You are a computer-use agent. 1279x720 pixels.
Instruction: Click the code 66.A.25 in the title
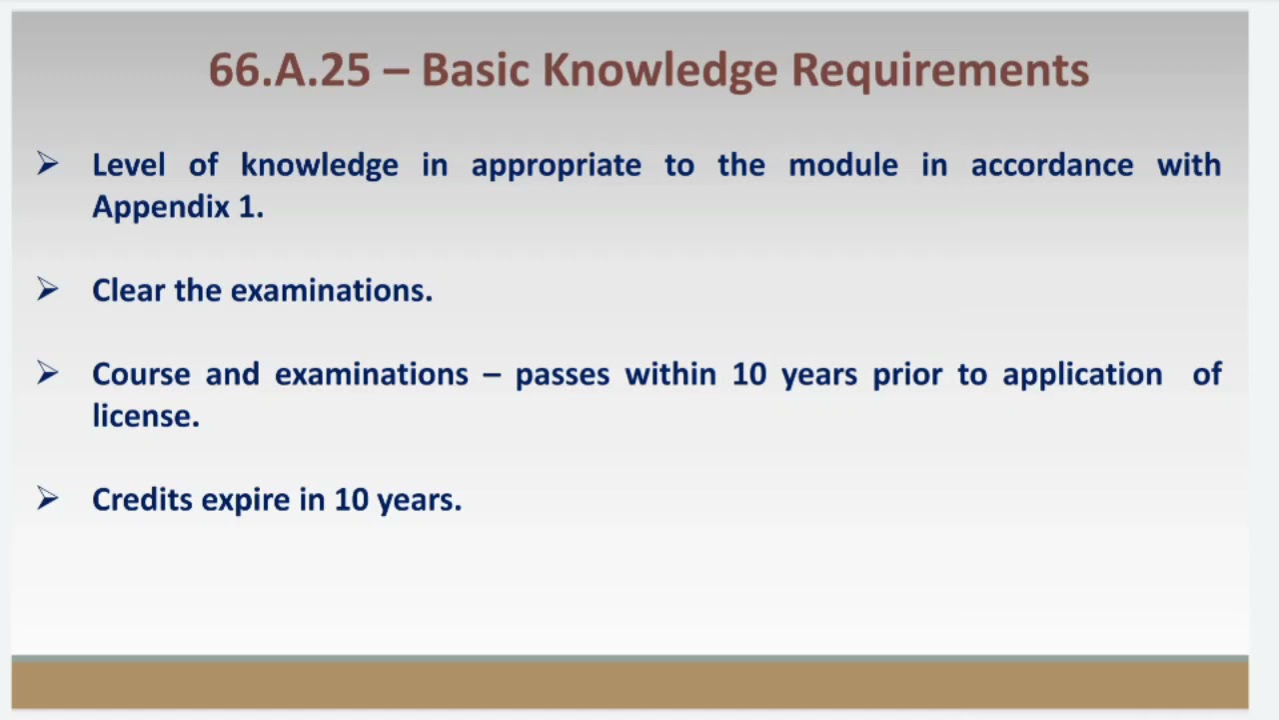(289, 71)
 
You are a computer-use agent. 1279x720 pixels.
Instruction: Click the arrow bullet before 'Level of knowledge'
(47, 164)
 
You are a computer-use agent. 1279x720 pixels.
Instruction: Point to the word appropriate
(556, 165)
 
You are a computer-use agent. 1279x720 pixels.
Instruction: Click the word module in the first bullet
(842, 165)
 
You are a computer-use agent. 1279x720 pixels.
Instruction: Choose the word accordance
(1051, 165)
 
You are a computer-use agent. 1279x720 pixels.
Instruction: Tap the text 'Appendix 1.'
(178, 207)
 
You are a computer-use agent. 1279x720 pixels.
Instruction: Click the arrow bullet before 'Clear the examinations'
(47, 290)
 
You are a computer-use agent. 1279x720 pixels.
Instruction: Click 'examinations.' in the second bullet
(331, 290)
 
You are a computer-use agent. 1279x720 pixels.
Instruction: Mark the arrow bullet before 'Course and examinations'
(47, 374)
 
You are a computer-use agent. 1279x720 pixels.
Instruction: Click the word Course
(140, 374)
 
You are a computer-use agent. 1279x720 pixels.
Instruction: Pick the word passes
(562, 374)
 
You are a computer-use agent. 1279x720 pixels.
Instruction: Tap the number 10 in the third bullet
(748, 374)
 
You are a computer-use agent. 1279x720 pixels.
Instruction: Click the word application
(1082, 375)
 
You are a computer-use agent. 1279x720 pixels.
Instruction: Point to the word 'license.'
(146, 416)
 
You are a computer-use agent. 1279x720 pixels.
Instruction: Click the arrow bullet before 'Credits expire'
(47, 499)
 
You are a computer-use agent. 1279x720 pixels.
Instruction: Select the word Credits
(142, 499)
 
